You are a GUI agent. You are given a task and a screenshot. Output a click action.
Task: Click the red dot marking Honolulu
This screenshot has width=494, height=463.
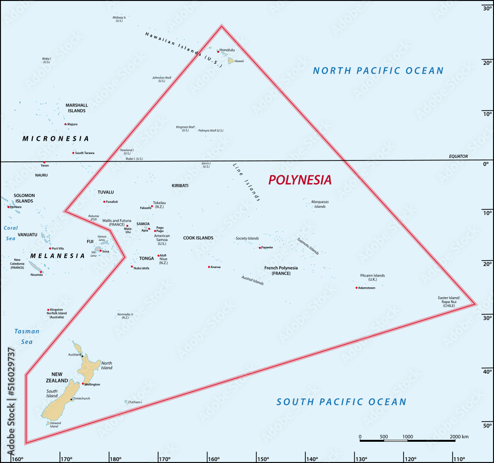coord(218,51)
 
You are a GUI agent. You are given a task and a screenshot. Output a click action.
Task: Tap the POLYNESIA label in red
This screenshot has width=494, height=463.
coord(300,180)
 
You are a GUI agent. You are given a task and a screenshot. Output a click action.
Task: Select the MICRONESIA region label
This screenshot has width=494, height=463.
coord(56,139)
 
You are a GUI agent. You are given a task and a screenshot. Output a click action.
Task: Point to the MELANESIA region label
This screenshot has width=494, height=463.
coord(58,256)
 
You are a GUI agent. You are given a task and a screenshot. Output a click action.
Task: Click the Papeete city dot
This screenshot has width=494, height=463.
coord(260,247)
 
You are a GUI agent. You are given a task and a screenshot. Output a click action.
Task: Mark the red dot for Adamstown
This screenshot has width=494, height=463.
coord(356,288)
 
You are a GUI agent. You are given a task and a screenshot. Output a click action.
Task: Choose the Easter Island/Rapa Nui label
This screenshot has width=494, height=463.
coord(449,302)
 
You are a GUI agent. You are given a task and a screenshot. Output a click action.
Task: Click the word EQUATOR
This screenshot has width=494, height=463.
coord(458,156)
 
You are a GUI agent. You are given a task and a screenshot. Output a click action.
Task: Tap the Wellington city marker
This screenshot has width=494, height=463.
coord(83,384)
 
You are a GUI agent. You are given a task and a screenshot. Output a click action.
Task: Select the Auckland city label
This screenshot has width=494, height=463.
coord(75,355)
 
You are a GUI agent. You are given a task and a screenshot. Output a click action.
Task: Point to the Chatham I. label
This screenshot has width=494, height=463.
coord(135,402)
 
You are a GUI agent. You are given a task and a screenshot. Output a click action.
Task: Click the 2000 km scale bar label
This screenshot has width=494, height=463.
coord(459,437)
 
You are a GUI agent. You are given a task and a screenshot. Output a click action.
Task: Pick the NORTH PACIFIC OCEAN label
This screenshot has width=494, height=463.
coord(378,71)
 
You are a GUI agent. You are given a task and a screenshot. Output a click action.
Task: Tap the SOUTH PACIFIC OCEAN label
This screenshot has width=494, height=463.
coord(341,402)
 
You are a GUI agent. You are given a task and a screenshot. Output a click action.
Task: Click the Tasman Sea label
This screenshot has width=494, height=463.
coord(27,336)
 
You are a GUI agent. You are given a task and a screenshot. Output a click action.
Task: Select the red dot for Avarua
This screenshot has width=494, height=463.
coord(209,267)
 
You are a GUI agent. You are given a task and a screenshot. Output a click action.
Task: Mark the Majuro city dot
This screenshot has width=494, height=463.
coord(65,124)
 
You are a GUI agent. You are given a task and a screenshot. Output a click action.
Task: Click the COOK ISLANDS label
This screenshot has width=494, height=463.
coord(198,238)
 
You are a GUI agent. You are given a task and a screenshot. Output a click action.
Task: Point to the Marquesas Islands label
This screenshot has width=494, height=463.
coord(320,204)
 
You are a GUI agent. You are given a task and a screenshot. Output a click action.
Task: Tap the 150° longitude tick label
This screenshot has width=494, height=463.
coord(263,459)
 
